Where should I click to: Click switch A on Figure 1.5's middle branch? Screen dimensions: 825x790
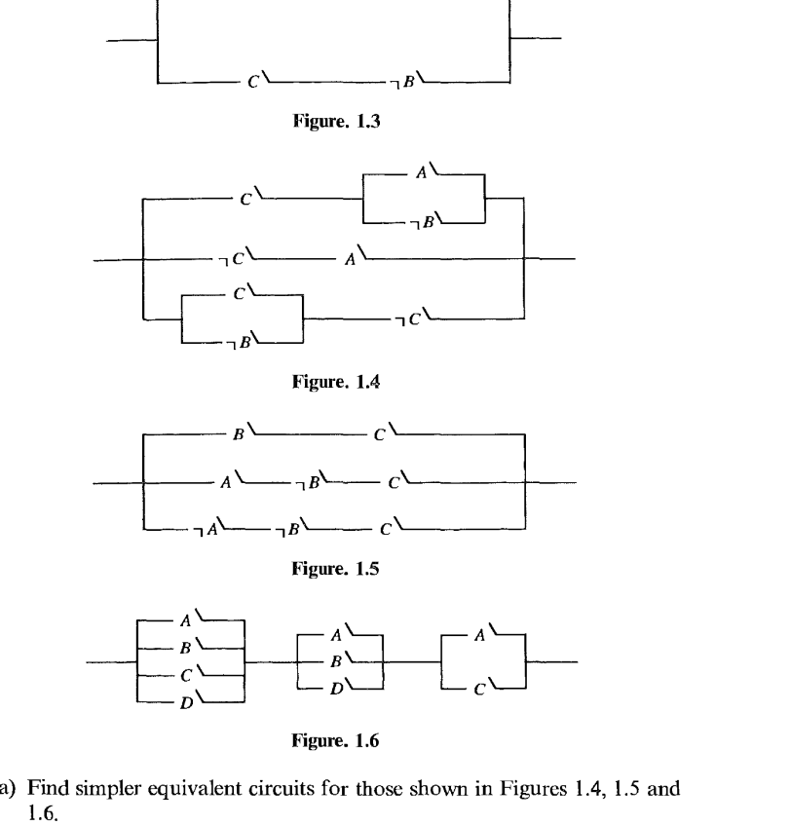tap(234, 480)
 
